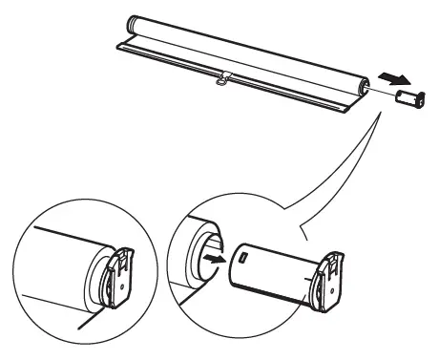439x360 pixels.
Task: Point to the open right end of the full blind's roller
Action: coord(363,87)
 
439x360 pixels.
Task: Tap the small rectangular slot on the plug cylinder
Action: coord(242,257)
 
